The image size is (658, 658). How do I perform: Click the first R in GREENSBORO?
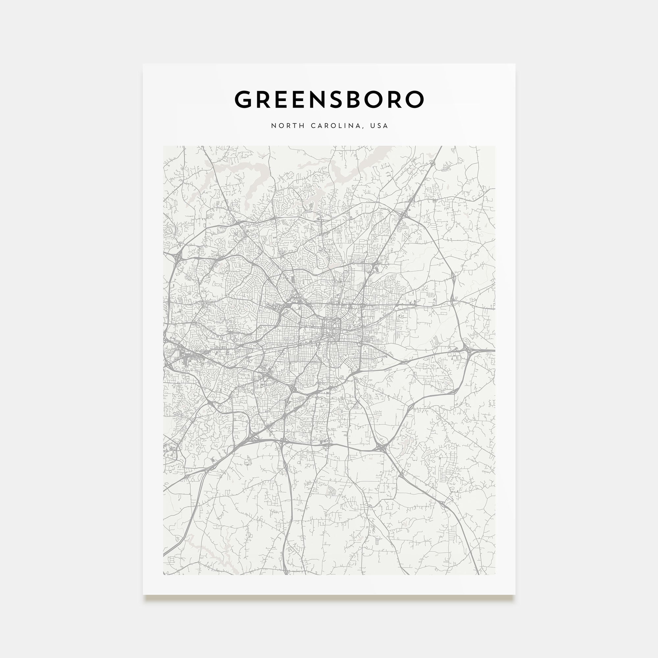coord(264,99)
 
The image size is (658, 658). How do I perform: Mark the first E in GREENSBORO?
coord(281,99)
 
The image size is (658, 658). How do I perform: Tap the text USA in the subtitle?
coord(379,126)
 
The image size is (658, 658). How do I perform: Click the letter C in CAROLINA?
coord(313,126)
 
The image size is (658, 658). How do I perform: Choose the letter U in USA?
coord(372,126)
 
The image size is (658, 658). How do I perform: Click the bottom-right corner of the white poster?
coord(515,594)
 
